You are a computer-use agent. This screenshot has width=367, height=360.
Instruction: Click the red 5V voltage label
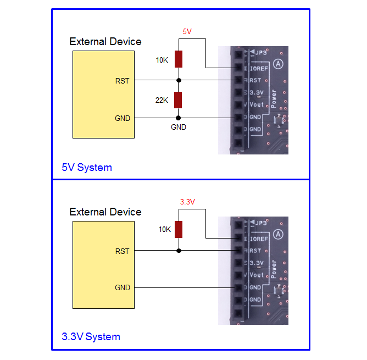click(x=187, y=31)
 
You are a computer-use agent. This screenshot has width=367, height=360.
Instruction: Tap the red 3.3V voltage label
click(x=187, y=202)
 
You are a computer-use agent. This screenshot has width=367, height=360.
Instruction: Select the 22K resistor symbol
click(x=178, y=100)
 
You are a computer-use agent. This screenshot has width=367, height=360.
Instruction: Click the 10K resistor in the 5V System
click(x=178, y=59)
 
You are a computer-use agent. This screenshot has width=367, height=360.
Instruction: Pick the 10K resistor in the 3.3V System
click(x=178, y=229)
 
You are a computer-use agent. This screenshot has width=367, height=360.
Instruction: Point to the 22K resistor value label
click(x=162, y=100)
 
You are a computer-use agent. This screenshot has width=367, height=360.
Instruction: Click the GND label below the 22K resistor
click(x=179, y=127)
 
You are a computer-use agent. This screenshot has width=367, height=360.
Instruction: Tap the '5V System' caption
click(x=86, y=167)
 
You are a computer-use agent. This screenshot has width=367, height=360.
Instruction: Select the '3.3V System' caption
click(x=91, y=336)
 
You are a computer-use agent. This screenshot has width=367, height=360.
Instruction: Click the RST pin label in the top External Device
click(x=123, y=81)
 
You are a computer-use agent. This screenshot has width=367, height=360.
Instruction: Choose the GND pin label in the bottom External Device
click(x=123, y=287)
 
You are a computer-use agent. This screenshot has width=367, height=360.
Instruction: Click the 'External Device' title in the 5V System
click(x=105, y=42)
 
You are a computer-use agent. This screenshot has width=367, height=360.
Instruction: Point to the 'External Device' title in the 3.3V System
click(x=105, y=212)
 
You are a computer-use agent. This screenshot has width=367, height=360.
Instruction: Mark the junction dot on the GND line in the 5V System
click(x=178, y=118)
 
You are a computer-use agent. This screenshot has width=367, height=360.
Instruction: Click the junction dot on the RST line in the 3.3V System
click(x=178, y=251)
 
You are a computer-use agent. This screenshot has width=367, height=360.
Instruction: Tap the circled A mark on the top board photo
click(x=279, y=64)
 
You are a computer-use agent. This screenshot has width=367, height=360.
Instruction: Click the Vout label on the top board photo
click(x=256, y=104)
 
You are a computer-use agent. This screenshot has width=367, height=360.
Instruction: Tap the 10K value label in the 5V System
click(x=162, y=59)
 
